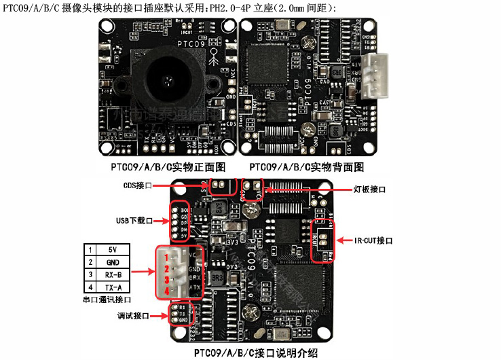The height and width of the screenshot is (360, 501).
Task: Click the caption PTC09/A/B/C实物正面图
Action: [168, 167]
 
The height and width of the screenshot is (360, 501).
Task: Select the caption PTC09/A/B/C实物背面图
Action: [306, 167]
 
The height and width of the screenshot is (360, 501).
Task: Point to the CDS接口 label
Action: [138, 185]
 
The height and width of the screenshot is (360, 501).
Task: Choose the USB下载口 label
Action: [134, 221]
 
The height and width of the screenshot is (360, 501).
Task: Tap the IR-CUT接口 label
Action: [374, 240]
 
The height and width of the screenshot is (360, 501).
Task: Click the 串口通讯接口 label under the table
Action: [107, 299]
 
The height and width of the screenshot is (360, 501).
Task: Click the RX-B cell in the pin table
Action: [112, 274]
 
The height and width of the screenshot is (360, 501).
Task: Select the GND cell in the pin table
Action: [112, 262]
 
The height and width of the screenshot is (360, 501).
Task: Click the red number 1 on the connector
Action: [166, 258]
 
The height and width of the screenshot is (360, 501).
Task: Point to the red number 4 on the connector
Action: [166, 291]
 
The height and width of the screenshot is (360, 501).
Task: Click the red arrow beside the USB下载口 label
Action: [163, 220]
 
